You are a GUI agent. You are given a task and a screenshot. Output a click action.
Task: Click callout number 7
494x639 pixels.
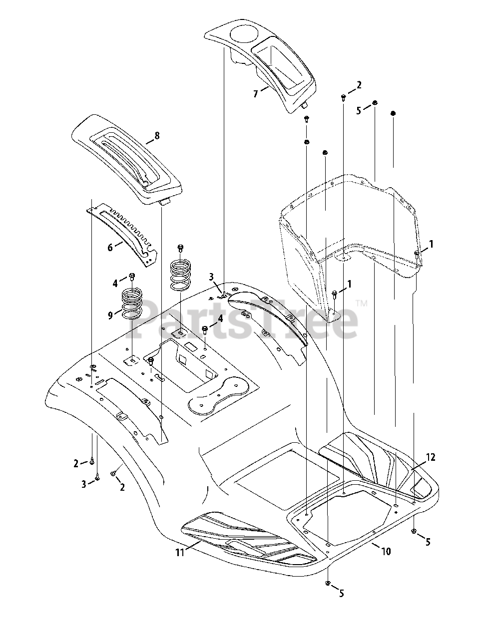[256, 93]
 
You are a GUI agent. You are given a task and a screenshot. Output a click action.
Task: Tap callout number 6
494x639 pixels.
[110, 247]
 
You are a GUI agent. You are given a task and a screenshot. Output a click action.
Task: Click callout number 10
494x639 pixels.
[386, 551]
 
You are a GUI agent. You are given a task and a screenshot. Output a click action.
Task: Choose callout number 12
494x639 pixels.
[431, 457]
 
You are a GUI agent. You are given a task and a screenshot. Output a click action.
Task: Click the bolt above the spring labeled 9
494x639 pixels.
[132, 276]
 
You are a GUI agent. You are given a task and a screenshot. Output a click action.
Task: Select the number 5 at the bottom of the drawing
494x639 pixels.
[341, 594]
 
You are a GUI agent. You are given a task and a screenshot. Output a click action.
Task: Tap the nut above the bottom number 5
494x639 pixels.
[328, 583]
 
